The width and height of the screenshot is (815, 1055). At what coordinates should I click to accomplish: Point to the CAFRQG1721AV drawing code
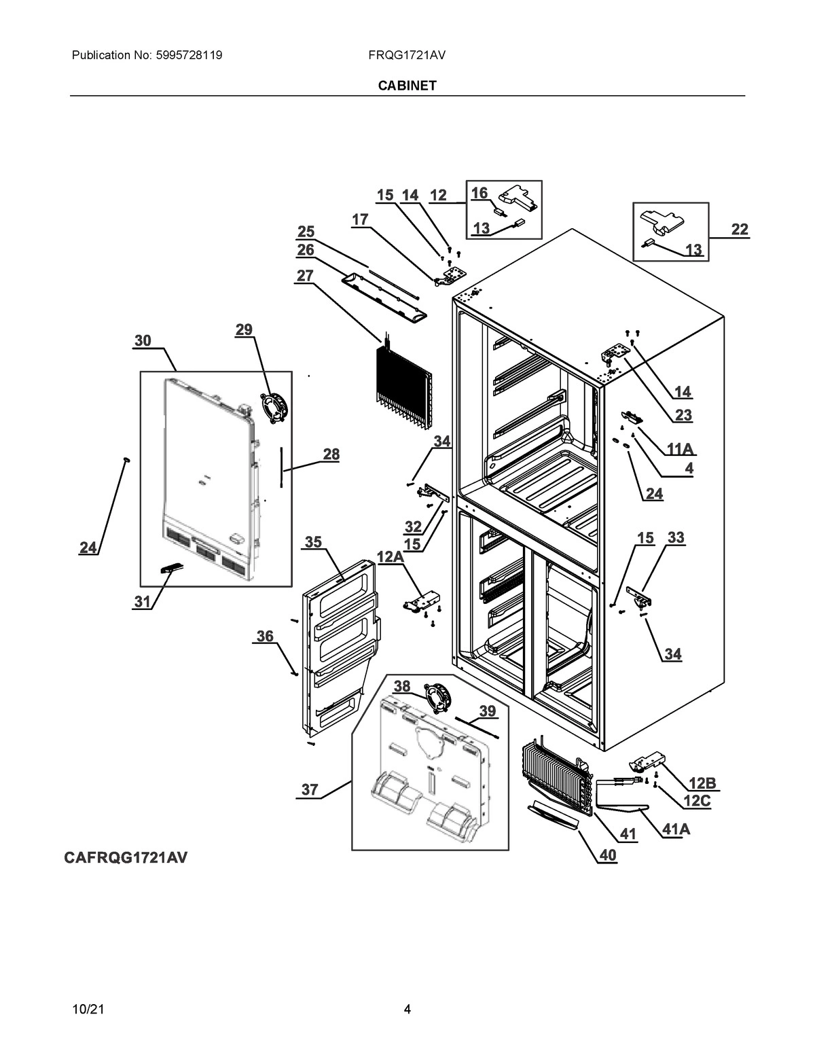pyautogui.click(x=126, y=858)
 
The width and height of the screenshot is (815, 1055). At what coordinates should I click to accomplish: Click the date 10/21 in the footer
pyautogui.click(x=88, y=1009)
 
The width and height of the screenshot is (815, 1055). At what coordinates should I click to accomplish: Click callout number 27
pyautogui.click(x=305, y=275)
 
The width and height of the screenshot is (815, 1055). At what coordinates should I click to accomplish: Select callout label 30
pyautogui.click(x=143, y=340)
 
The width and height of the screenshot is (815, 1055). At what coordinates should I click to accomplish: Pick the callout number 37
pyautogui.click(x=310, y=789)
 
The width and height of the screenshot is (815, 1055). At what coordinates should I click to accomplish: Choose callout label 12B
pyautogui.click(x=702, y=783)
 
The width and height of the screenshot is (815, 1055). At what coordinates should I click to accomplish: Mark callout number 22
pyautogui.click(x=740, y=230)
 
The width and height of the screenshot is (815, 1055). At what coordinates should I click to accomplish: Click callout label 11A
pyautogui.click(x=681, y=448)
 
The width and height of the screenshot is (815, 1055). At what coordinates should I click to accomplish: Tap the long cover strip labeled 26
pyautogui.click(x=384, y=298)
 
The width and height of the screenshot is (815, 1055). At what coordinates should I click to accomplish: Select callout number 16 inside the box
pyautogui.click(x=479, y=193)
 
